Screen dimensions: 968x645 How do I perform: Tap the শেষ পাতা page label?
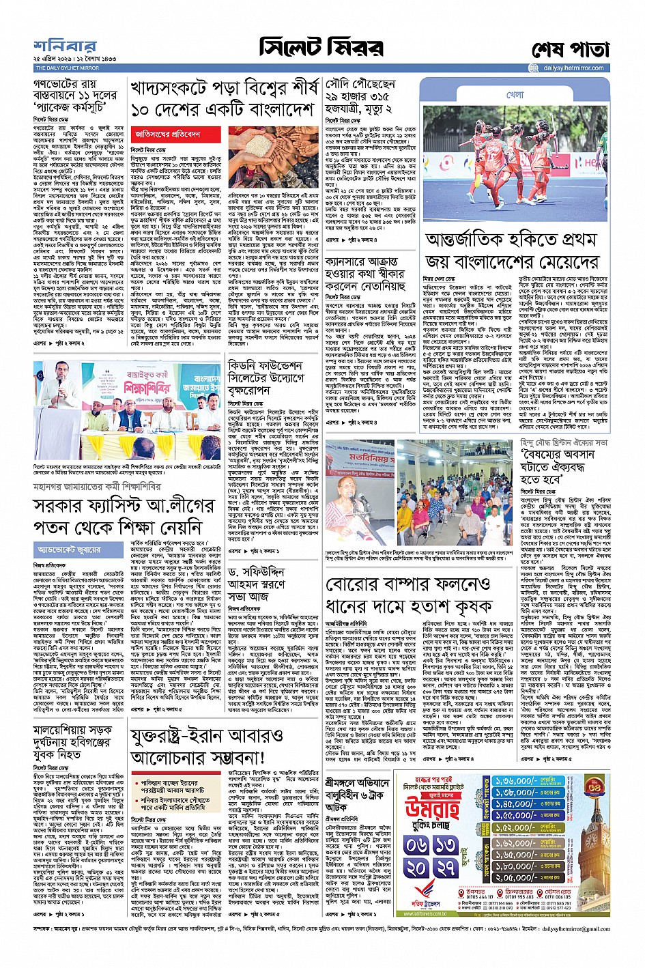click(x=570, y=51)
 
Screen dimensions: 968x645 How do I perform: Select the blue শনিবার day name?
click(x=66, y=47)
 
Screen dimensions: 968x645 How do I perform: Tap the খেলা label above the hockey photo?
click(x=515, y=95)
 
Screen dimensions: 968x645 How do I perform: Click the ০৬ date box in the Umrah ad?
click(x=416, y=844)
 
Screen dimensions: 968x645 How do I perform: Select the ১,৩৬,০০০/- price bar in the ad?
click(x=516, y=781)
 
